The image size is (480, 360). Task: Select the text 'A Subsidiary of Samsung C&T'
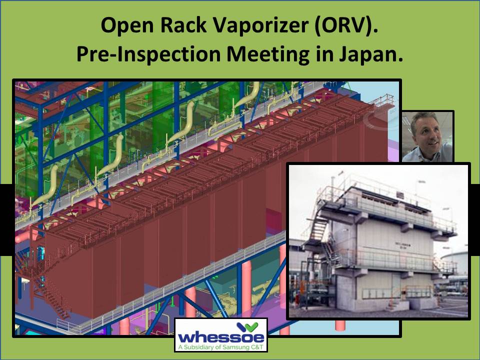[x=221, y=346]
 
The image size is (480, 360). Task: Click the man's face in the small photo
[x=424, y=132]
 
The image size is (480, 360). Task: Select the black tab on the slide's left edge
[x=6, y=219]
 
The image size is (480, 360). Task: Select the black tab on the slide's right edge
[x=474, y=219]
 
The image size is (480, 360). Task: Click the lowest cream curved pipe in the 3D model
[x=47, y=185]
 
